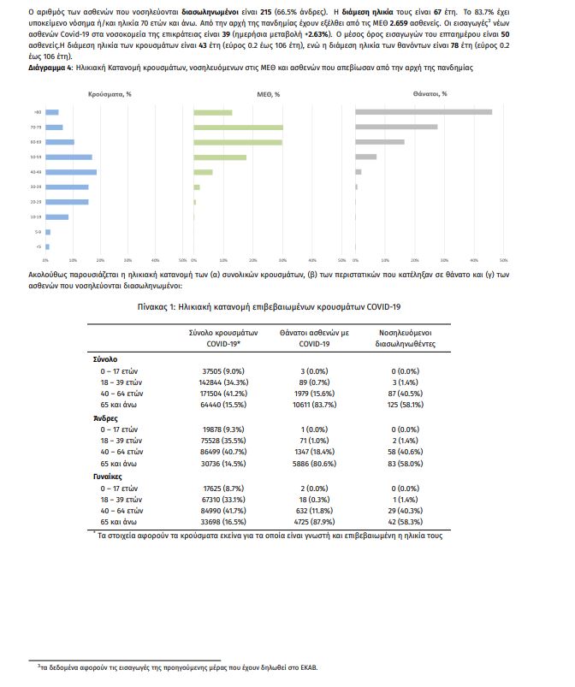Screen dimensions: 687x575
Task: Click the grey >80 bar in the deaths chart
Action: click(423, 112)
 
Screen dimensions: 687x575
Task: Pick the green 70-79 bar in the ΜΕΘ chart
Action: click(238, 127)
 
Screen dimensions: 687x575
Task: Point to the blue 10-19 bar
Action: click(56, 217)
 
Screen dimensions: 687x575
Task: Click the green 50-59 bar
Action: click(220, 157)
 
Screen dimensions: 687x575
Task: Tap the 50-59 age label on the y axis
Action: click(36, 157)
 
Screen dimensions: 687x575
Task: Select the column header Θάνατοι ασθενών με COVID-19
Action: click(314, 338)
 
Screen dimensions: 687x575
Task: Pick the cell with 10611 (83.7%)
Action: click(314, 401)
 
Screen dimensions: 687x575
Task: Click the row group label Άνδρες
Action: click(105, 417)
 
